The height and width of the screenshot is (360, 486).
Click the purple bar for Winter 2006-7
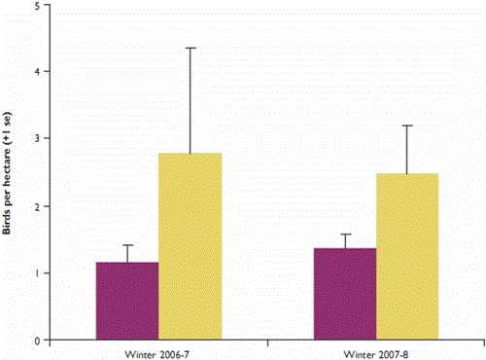click(126, 301)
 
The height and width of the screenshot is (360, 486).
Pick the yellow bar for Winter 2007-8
click(407, 257)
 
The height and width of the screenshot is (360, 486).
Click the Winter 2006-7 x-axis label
click(157, 351)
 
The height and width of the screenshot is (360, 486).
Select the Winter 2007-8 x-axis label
click(375, 351)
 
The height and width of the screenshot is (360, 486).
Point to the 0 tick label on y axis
click(36, 341)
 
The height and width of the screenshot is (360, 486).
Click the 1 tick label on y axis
click(36, 273)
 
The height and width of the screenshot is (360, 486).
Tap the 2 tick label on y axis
click(36, 206)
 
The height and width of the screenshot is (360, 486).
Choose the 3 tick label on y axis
click(36, 139)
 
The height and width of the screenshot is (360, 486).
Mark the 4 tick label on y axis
click(36, 72)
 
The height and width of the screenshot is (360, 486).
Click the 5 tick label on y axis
click(36, 6)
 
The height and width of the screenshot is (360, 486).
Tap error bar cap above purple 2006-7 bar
click(126, 245)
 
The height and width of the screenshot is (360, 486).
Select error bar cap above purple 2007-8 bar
click(345, 234)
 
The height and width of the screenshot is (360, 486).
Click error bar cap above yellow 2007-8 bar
click(407, 126)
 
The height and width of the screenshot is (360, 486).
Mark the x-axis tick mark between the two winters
click(267, 343)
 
